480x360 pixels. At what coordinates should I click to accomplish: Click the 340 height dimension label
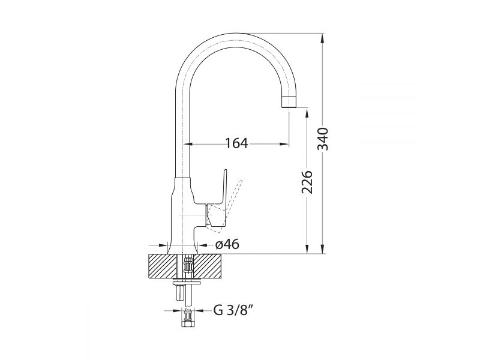[323, 139]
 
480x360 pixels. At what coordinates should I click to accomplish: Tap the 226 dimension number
[307, 182]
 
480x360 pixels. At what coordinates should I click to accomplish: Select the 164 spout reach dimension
[236, 143]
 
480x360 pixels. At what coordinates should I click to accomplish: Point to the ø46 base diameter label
[227, 244]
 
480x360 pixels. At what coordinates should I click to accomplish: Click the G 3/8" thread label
[233, 310]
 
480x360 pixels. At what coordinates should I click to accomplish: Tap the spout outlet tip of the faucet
[289, 101]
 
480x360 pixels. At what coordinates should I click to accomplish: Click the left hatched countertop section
[162, 266]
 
